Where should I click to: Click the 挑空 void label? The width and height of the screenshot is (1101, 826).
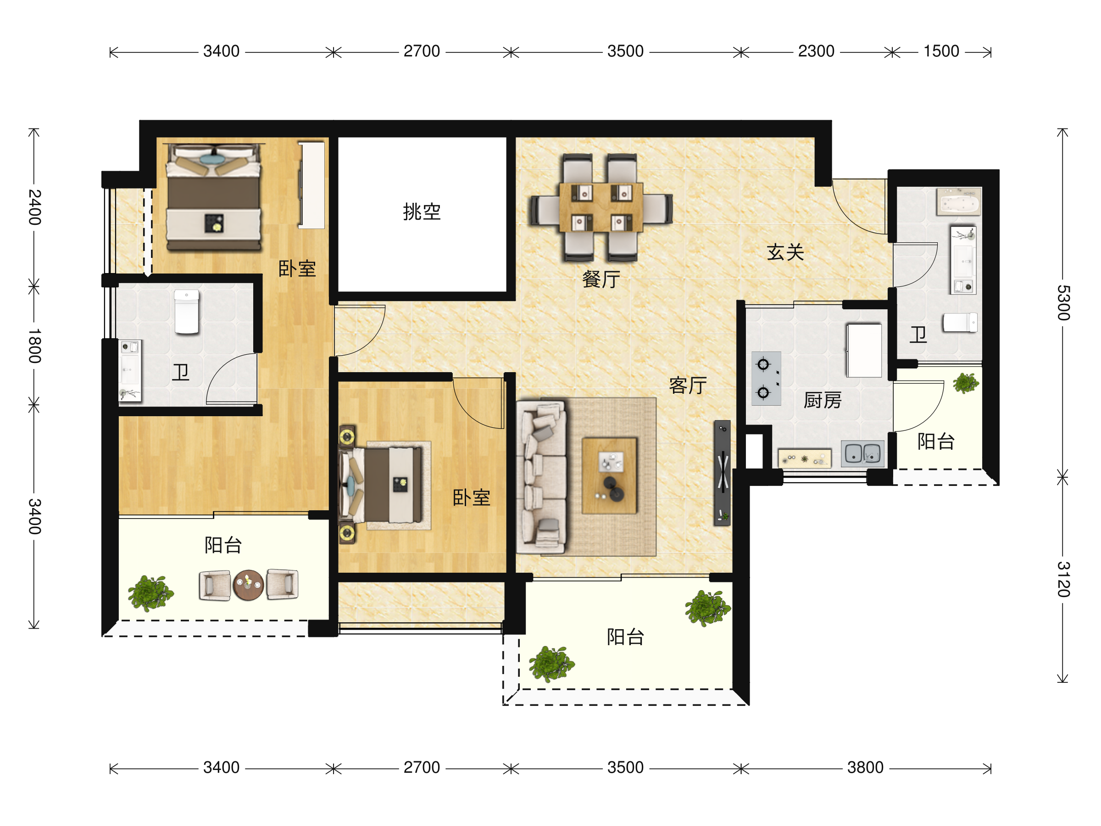pos(422,212)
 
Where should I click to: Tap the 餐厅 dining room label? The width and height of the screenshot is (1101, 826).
pos(601,279)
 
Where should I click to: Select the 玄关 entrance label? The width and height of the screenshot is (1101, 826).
pos(785,252)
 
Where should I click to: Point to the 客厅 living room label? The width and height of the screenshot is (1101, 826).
pos(688,385)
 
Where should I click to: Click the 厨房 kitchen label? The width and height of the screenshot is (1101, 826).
pos(822,400)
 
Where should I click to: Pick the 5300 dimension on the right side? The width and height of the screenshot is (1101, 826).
pos(1062,303)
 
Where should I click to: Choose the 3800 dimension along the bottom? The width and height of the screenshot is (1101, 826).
pos(865,767)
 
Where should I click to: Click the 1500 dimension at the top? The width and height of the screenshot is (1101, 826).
pos(941,51)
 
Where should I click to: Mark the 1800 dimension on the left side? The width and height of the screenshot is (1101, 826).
pos(34,346)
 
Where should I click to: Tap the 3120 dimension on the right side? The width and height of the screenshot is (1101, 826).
pos(1062,579)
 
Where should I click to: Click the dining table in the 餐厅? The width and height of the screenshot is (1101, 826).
pos(601,207)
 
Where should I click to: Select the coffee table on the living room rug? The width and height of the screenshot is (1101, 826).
pos(609,475)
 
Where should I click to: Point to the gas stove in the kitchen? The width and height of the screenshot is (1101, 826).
pos(766,379)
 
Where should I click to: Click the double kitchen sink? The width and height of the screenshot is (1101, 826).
pos(862,453)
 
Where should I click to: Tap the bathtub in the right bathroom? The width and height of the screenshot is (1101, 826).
pos(958,201)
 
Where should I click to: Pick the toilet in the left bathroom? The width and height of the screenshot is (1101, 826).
pos(187,312)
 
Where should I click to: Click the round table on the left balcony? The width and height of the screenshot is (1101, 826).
pos(248,585)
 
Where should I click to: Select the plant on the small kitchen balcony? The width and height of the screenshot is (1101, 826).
pos(966,383)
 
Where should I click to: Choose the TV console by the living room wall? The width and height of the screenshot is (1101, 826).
pos(722,473)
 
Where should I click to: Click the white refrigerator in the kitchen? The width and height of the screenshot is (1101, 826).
pos(863,350)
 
